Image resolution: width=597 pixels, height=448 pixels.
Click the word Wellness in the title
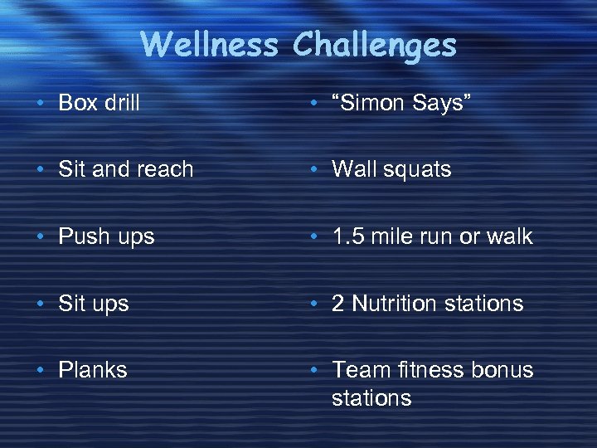209,45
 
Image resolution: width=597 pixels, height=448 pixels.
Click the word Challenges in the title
374,45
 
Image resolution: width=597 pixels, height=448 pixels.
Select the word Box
77,103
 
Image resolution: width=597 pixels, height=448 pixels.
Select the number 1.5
347,236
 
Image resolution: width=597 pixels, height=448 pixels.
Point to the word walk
509,236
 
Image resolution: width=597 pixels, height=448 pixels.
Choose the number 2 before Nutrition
338,304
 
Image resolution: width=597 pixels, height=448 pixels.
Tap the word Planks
93,370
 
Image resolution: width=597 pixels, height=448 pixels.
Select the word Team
359,370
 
